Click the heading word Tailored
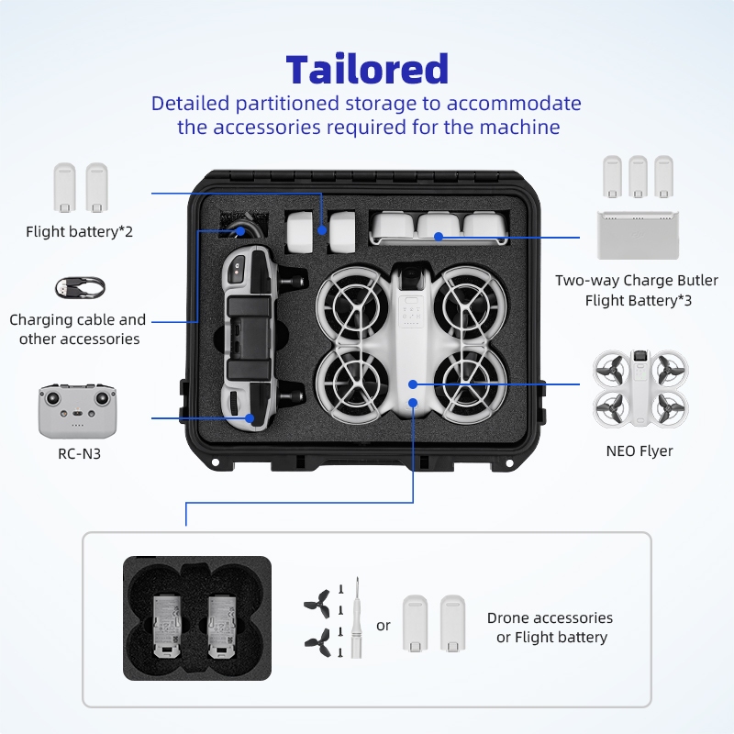[367, 70]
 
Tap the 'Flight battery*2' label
[79, 231]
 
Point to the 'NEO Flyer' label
[639, 450]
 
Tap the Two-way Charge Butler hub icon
[639, 236]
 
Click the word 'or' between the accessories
[384, 626]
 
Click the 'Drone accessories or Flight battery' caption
[550, 628]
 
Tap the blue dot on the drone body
[413, 384]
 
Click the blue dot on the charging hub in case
[439, 237]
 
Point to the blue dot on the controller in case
[249, 418]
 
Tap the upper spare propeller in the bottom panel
[317, 602]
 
